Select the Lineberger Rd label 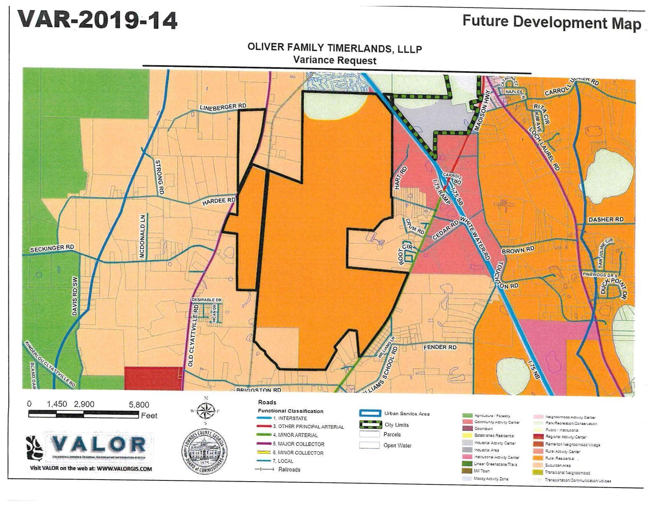[223, 107]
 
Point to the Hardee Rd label [219, 201]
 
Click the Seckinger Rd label [52, 248]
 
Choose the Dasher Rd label [606, 220]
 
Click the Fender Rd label [440, 347]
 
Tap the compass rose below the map [206, 411]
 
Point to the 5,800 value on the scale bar [139, 405]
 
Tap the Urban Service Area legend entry [407, 414]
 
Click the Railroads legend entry [289, 470]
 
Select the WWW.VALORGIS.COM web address [124, 469]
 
